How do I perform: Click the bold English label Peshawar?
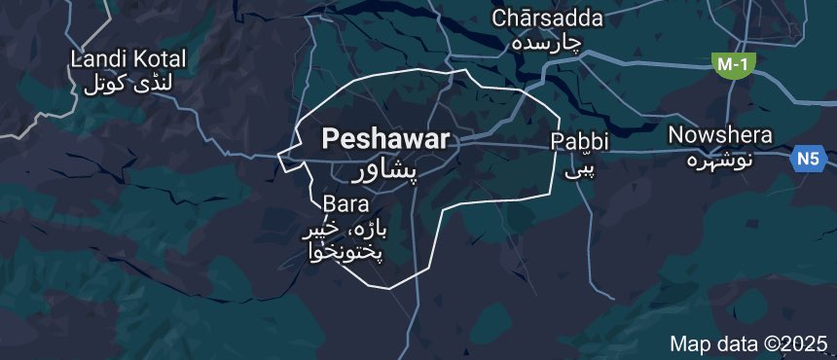(385, 140)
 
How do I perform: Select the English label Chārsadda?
(547, 18)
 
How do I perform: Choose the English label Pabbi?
(580, 141)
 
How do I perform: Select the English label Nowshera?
(720, 135)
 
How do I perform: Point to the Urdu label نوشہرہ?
(721, 158)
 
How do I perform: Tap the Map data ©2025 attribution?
(748, 343)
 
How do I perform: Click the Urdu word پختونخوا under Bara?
(341, 253)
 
